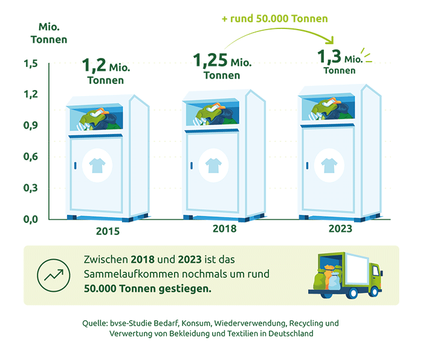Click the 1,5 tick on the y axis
(31, 63)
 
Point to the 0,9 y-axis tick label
(31, 126)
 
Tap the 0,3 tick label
(31, 188)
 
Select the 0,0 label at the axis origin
(31, 219)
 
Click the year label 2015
(108, 231)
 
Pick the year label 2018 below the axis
(224, 229)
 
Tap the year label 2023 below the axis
(340, 229)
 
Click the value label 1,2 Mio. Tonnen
(106, 71)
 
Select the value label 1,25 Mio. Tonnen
(222, 66)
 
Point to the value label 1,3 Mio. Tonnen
(340, 62)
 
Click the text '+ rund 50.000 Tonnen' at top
(274, 19)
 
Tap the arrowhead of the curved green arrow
(331, 40)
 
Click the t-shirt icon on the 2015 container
(97, 166)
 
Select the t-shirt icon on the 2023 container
(329, 166)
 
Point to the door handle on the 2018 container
(192, 166)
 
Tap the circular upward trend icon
(53, 275)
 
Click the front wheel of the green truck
(374, 292)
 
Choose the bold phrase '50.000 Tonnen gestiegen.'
(147, 289)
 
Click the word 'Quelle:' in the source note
(95, 323)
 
